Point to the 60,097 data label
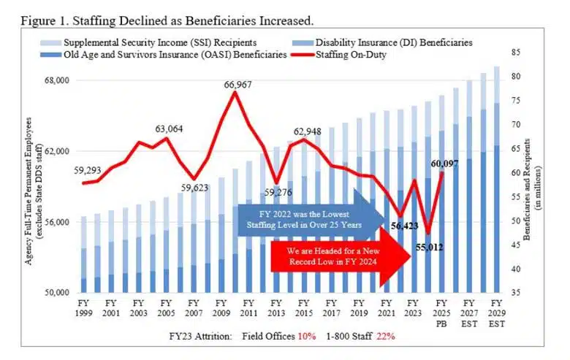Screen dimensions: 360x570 point(444,164)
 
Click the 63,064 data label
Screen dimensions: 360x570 point(169,129)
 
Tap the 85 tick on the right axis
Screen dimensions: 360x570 point(515,52)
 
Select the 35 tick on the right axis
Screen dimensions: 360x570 point(515,294)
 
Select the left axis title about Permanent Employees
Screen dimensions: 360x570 point(33,186)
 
